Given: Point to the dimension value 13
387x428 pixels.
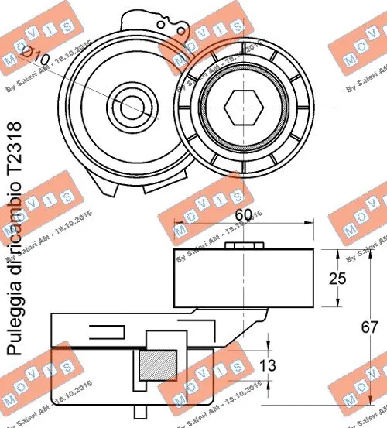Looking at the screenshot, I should [x=289, y=365].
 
